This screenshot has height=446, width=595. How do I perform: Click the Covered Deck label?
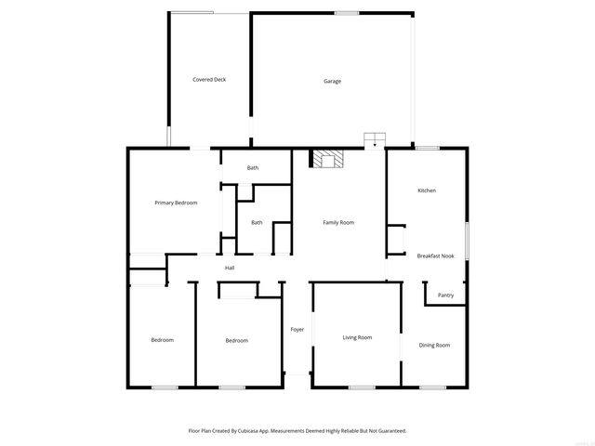(209, 80)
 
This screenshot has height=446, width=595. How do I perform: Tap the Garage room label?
(332, 81)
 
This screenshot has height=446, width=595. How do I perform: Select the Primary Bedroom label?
(176, 203)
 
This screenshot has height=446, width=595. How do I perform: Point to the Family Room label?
(338, 222)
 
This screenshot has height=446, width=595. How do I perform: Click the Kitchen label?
(427, 190)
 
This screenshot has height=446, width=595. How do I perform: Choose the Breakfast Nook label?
(435, 256)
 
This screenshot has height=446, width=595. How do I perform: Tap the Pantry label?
(446, 295)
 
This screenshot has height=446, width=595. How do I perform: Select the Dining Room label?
(434, 345)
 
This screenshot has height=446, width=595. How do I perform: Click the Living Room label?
(357, 337)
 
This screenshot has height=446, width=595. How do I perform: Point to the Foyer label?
(297, 329)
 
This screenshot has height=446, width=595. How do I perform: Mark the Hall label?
(230, 269)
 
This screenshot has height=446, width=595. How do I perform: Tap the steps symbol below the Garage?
(375, 139)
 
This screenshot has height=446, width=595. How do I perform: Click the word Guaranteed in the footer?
(390, 431)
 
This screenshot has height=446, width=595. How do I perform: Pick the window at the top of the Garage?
(347, 13)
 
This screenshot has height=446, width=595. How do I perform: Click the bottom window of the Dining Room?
(432, 387)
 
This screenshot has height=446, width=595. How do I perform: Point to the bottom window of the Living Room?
(362, 387)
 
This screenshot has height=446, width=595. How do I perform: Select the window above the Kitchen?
(428, 148)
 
